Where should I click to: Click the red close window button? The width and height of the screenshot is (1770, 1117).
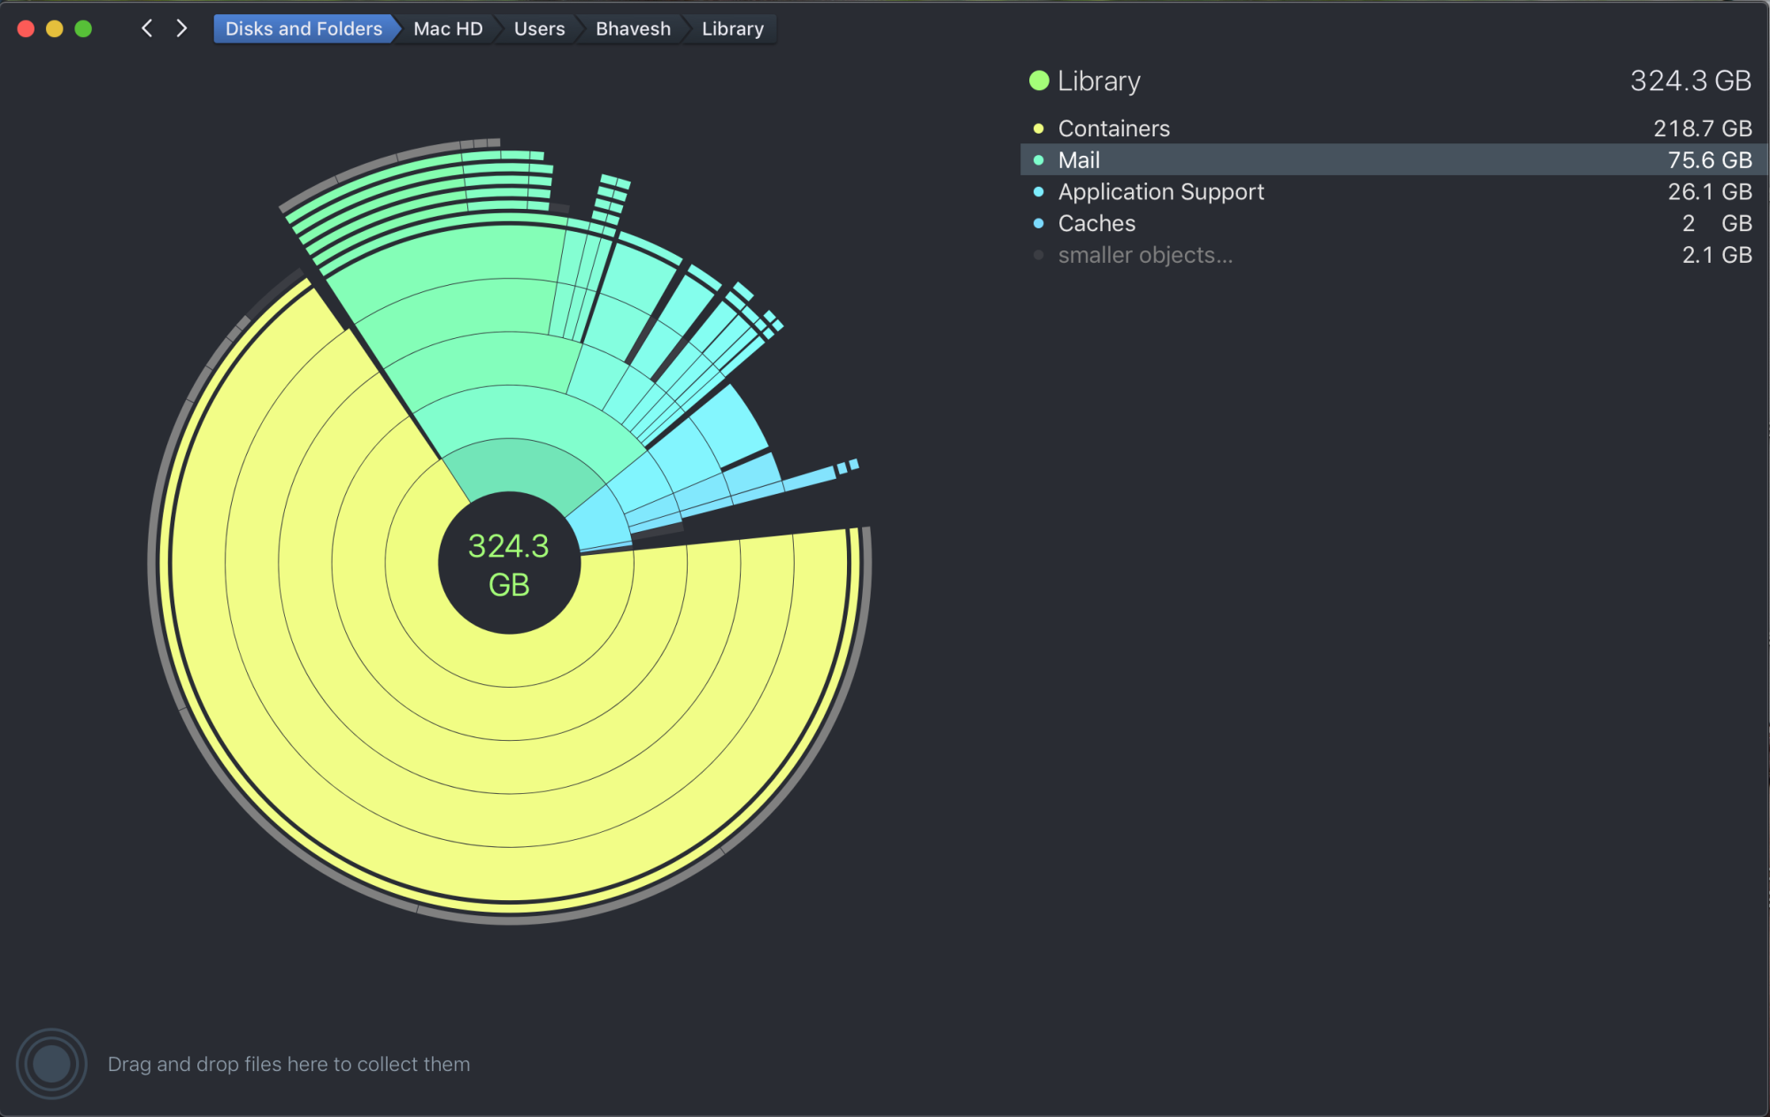[x=26, y=28]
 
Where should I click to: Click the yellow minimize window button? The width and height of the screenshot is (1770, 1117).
[x=54, y=28]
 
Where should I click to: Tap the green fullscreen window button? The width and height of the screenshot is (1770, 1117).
[x=83, y=28]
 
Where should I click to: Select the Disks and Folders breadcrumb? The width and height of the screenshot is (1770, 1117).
[x=303, y=28]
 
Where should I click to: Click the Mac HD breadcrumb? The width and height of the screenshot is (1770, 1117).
[x=448, y=28]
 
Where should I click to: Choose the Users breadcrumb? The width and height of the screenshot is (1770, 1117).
[x=539, y=28]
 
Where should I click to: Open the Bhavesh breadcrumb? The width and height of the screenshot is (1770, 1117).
[x=633, y=28]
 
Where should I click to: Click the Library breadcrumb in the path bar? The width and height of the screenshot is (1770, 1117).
[x=732, y=28]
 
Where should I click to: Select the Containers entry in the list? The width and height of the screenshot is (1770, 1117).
[x=1113, y=128]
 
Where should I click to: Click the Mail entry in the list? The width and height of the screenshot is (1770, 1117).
[x=1079, y=160]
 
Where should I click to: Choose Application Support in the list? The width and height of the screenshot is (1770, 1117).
[x=1160, y=192]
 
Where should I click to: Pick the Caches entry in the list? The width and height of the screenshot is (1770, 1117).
[x=1097, y=223]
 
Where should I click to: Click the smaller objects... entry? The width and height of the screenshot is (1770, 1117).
[x=1145, y=255]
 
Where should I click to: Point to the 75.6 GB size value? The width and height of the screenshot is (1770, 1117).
[x=1709, y=160]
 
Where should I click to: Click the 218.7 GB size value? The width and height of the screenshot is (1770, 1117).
[x=1702, y=128]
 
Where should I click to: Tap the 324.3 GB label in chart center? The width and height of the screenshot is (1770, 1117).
[x=509, y=564]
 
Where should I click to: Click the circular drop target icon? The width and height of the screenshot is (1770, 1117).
[x=51, y=1063]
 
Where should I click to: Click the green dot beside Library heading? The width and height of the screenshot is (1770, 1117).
[x=1039, y=81]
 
